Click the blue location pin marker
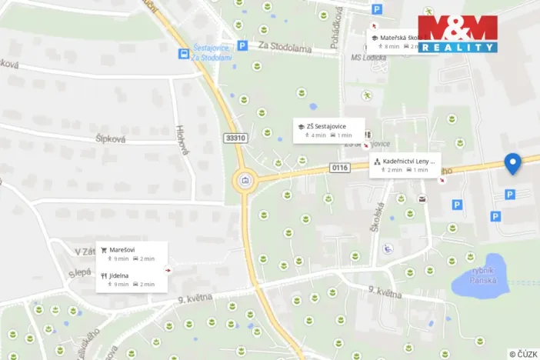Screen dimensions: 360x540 [512, 163]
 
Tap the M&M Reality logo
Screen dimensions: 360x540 [458, 33]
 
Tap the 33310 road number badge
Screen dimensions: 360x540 [235, 138]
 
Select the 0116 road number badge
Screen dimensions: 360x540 [340, 167]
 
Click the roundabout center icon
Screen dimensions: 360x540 [245, 182]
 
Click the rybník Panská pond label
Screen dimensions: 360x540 [482, 274]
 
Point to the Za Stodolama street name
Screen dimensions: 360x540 [285, 48]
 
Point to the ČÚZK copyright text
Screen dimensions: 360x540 [523, 354]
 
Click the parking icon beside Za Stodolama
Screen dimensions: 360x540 [242, 46]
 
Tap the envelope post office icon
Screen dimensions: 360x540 [422, 199]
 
